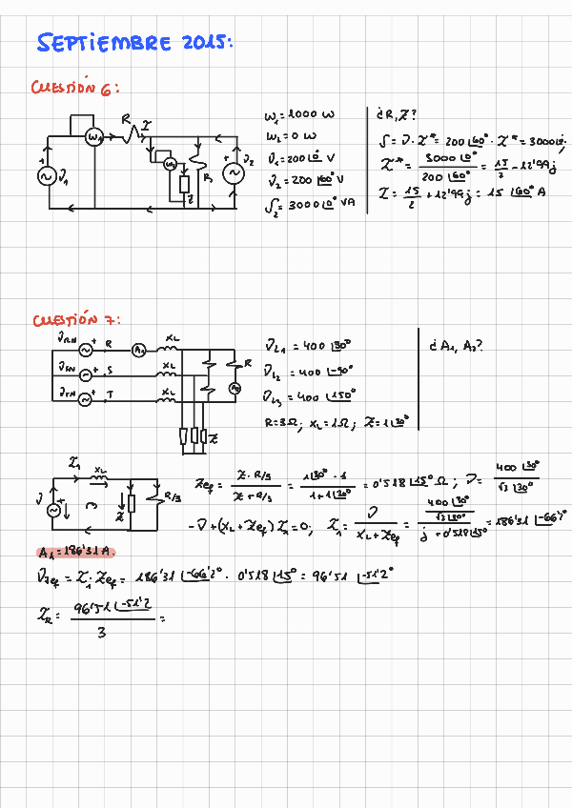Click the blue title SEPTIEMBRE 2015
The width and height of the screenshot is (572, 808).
pyautogui.click(x=134, y=43)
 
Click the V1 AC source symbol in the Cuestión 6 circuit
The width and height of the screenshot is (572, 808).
pyautogui.click(x=45, y=175)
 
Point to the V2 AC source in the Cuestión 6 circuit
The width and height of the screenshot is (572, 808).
pyautogui.click(x=230, y=173)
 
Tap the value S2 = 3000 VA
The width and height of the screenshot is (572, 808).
pyautogui.click(x=310, y=201)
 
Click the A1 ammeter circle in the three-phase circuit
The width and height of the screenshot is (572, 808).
pyautogui.click(x=139, y=350)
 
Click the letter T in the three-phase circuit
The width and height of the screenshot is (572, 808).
pyautogui.click(x=108, y=393)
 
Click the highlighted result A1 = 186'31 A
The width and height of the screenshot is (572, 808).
pyautogui.click(x=77, y=553)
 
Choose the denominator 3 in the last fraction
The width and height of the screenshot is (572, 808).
pyautogui.click(x=101, y=633)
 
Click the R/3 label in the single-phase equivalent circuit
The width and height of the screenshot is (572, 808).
pyautogui.click(x=172, y=495)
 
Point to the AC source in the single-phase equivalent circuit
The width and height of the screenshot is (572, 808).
pyautogui.click(x=53, y=510)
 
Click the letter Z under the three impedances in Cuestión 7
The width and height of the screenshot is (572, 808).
pyautogui.click(x=212, y=438)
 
